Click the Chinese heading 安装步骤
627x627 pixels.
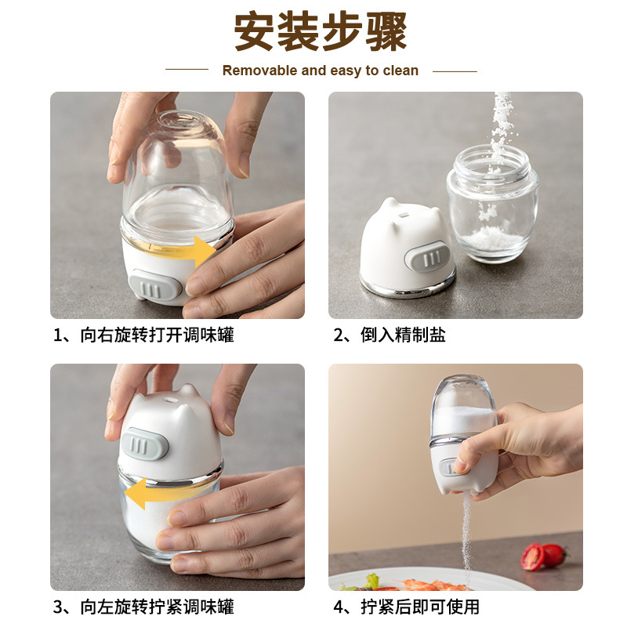321,32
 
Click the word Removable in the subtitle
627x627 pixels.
260,71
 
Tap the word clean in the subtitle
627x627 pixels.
400,71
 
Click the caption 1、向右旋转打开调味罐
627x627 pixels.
143,335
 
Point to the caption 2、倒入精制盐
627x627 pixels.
390,335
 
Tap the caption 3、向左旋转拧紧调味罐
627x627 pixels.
143,607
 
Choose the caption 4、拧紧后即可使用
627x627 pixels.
406,607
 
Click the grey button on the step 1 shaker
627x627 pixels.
154,285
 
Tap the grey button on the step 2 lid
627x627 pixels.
427,257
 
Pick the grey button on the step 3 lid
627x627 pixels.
144,444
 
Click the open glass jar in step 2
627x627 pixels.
492,204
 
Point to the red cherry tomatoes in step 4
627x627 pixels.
544,556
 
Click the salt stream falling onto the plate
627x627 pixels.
466,536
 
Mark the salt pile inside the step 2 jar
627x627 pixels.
495,238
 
